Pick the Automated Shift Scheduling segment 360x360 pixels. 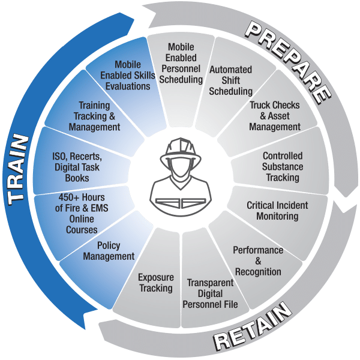coord(230,80)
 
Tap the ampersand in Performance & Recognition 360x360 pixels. coord(259,261)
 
